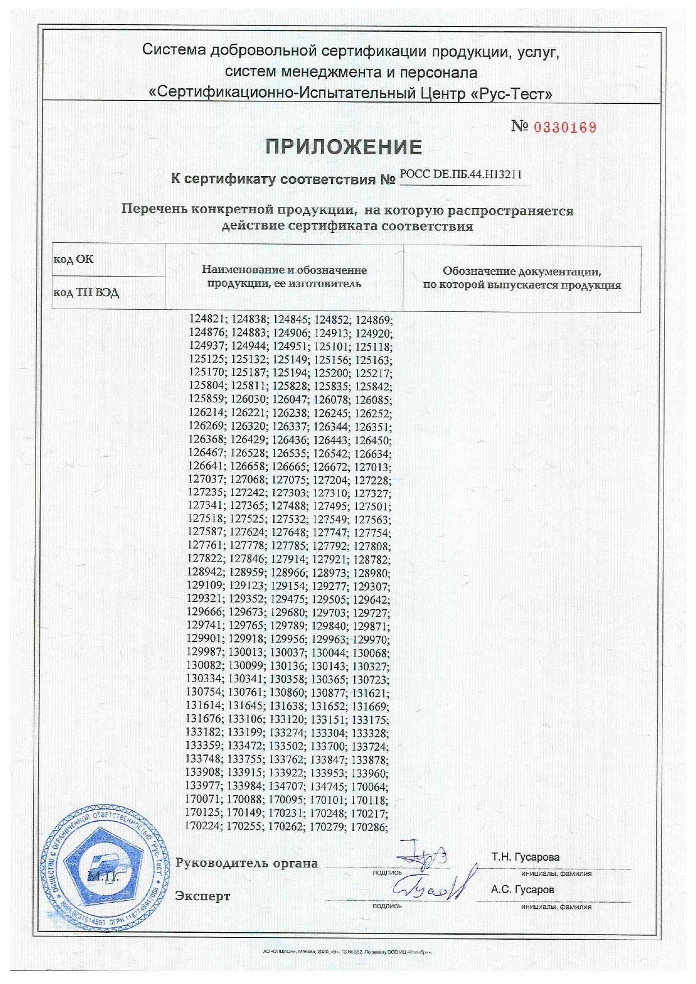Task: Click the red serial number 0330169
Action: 565,127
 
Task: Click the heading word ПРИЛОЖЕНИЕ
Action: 344,147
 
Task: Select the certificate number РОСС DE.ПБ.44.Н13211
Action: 461,174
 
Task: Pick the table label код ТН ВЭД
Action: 86,293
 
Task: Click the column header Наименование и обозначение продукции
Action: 284,277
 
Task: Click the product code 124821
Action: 207,319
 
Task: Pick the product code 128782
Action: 372,559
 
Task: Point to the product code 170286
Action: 369,826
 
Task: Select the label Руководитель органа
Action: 247,863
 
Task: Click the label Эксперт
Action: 203,896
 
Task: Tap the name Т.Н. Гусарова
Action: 525,857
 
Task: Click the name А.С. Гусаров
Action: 522,890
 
